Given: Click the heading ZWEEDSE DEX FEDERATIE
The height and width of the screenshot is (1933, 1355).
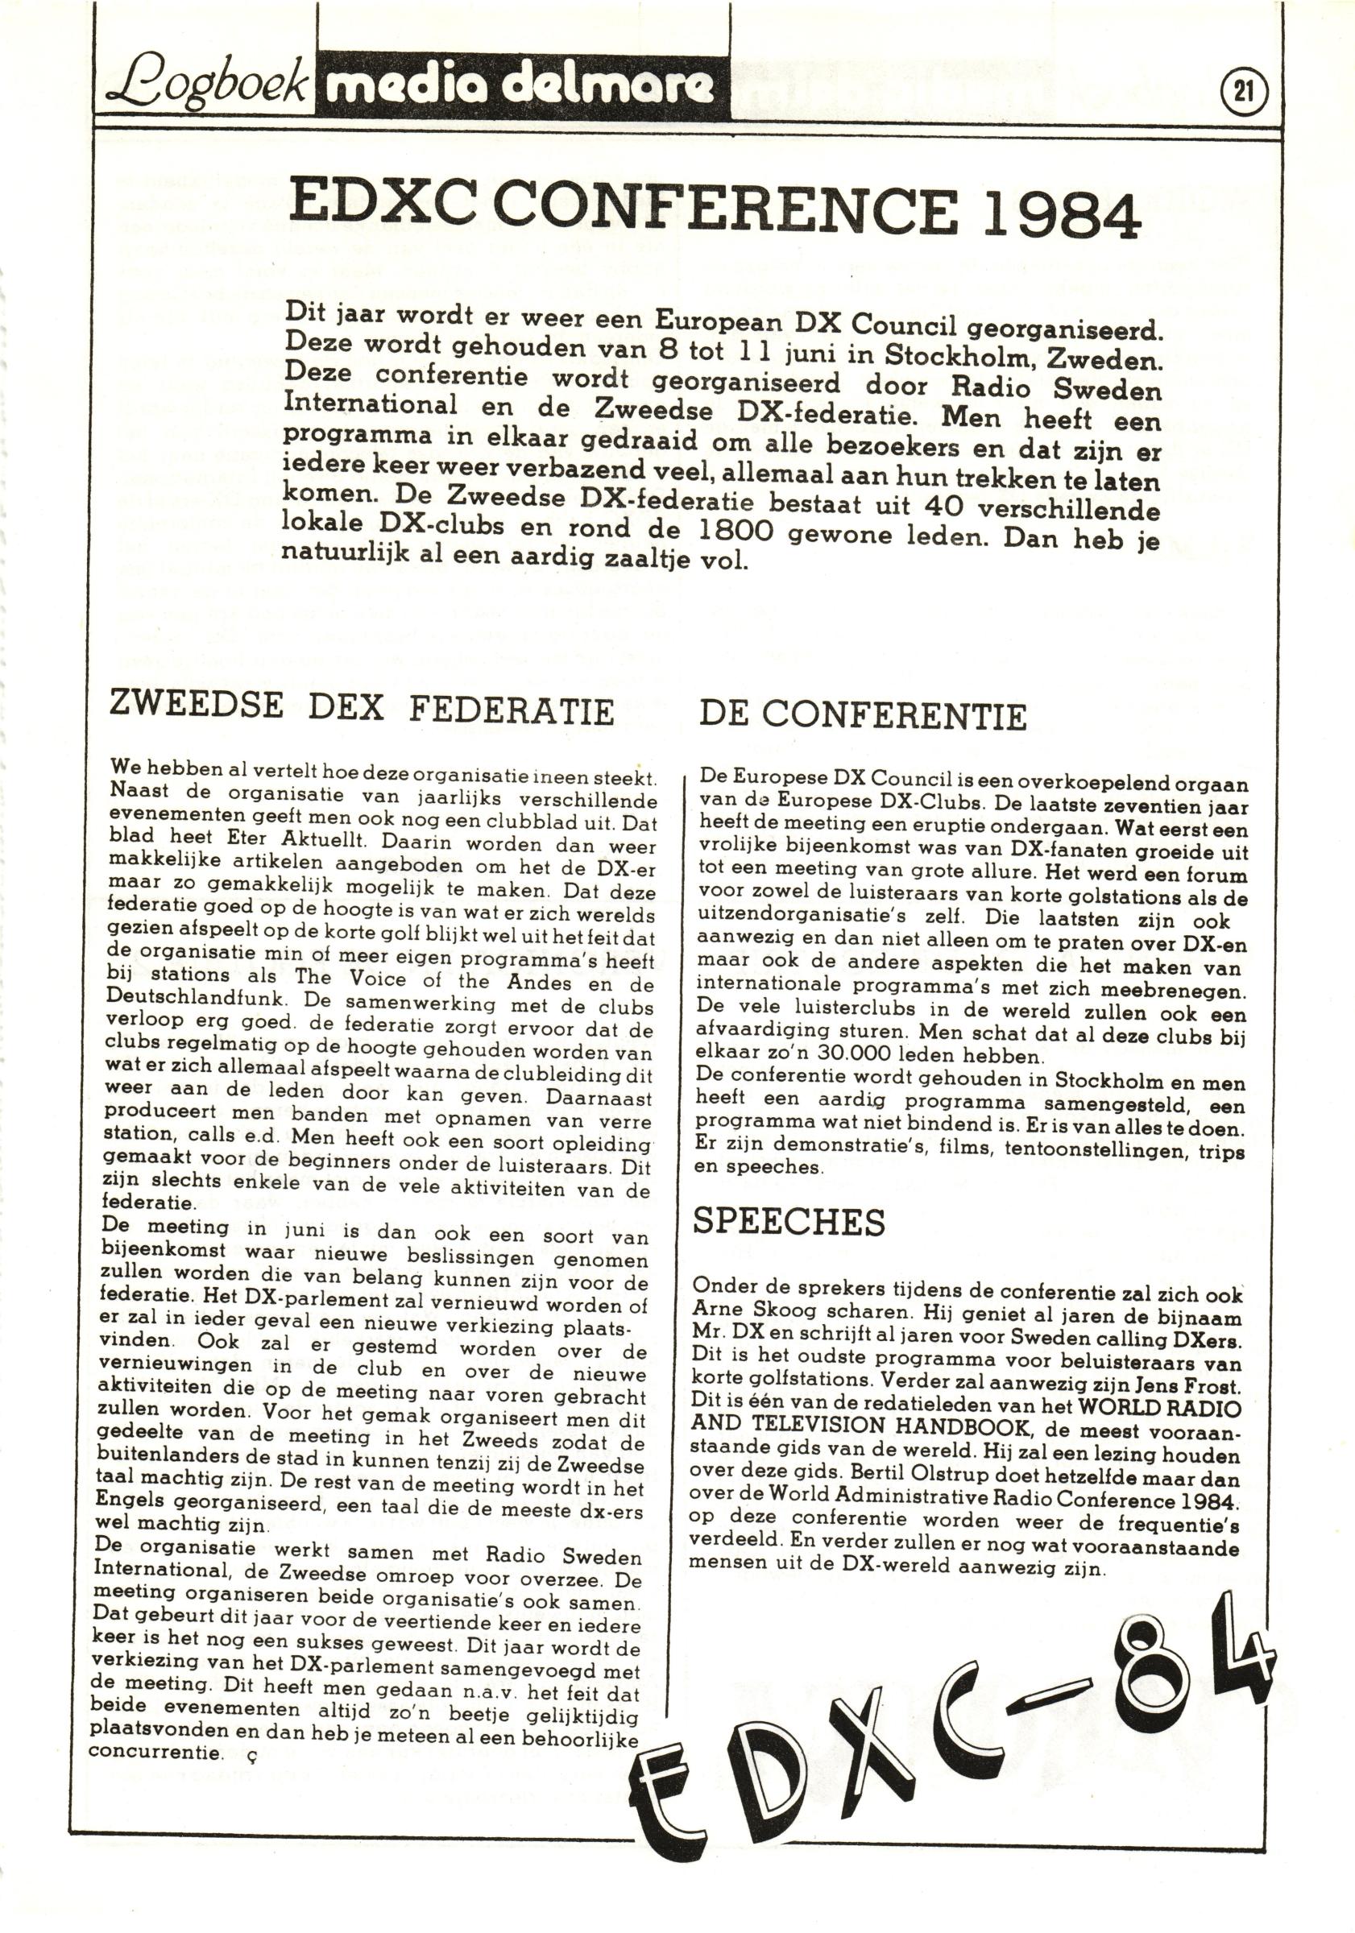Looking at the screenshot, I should [x=363, y=709].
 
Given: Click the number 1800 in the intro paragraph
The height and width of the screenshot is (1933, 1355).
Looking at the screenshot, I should [x=736, y=532].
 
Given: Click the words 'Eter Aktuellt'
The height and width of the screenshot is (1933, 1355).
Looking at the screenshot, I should [x=295, y=840].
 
